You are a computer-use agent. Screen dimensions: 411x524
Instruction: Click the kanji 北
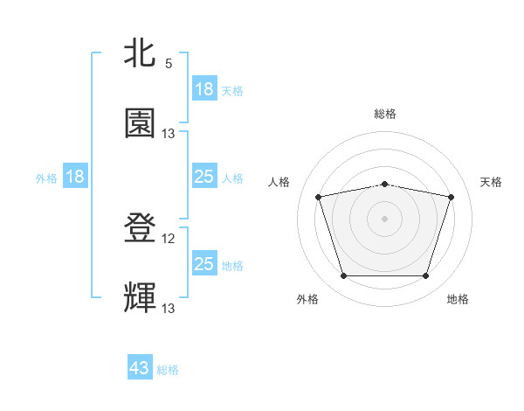point(140,55)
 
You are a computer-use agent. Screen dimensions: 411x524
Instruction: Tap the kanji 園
point(140,123)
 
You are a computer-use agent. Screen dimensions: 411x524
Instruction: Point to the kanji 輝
point(140,298)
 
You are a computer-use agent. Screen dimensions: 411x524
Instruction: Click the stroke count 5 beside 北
point(169,64)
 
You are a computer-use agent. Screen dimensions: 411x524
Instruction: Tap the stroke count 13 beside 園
point(169,133)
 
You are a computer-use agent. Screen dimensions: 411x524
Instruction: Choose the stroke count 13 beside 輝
point(169,308)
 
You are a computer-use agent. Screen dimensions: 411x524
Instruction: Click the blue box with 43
point(140,368)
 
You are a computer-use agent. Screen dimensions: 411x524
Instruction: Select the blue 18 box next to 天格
point(203,89)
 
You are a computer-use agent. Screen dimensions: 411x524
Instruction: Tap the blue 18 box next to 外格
point(75,177)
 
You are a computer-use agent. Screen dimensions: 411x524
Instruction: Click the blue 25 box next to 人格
point(203,177)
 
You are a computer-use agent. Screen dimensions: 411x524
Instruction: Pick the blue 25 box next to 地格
point(203,264)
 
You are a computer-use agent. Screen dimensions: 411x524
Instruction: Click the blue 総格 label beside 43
point(169,370)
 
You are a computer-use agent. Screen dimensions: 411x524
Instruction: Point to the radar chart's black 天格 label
point(492,182)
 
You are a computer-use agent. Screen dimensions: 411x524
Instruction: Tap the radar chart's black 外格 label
point(307,299)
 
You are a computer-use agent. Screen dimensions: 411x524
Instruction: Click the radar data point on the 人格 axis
point(319,197)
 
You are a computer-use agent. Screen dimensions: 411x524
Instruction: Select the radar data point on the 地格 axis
point(425,276)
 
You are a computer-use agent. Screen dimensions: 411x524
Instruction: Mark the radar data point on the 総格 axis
point(385,184)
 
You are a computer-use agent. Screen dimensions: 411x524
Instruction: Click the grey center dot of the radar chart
point(385,219)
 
